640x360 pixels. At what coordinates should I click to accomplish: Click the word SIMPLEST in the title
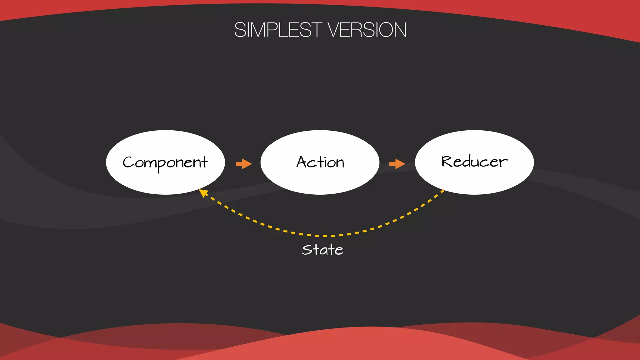click(278, 30)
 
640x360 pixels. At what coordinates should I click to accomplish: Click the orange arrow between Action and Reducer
click(397, 163)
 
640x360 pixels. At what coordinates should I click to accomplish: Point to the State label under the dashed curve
click(322, 250)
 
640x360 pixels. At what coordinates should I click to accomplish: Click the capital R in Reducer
click(447, 162)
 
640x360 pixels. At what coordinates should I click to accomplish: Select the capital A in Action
click(302, 162)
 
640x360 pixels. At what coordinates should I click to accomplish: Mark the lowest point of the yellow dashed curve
click(325, 236)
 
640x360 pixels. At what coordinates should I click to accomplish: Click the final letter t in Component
click(204, 162)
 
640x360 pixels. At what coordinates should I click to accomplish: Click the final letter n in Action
click(340, 163)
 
